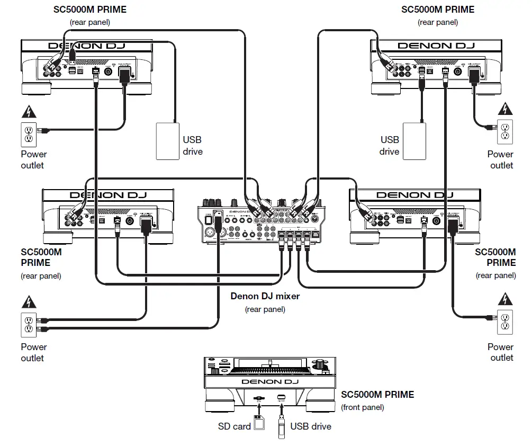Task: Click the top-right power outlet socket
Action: (x=505, y=132)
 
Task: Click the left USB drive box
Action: (x=167, y=141)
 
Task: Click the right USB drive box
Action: (x=414, y=140)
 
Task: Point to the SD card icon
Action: (x=259, y=424)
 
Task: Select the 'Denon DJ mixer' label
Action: (x=265, y=296)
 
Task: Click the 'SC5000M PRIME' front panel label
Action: (x=377, y=395)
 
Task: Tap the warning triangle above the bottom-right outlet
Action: (x=505, y=300)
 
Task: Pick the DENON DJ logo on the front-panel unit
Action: (x=270, y=381)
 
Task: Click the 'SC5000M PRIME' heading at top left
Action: (x=90, y=10)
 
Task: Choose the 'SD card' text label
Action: (x=234, y=426)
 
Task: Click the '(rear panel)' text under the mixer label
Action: (x=265, y=309)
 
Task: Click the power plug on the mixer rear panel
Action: (x=217, y=218)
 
